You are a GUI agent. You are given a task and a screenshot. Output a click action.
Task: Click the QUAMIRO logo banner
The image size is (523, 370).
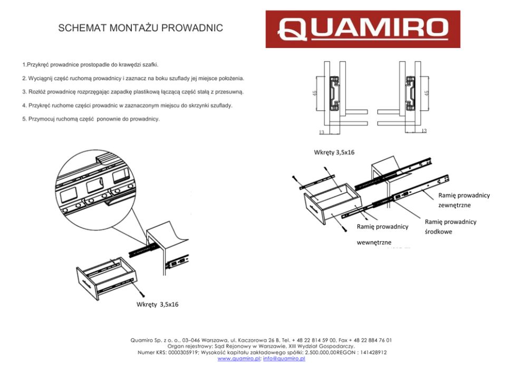point(362,29)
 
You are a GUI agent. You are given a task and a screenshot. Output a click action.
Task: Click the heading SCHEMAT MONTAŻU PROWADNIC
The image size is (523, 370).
point(140,28)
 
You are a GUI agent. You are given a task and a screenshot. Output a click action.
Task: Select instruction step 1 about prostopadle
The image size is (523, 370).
point(90,64)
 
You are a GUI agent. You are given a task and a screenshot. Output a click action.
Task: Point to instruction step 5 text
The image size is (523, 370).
point(91,119)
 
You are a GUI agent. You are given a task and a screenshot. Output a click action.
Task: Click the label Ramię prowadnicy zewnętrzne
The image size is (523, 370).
point(463,200)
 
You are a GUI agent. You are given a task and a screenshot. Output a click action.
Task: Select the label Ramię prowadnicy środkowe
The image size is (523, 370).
point(450,227)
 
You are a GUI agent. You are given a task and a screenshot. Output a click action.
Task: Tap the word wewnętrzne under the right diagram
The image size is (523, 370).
point(374,242)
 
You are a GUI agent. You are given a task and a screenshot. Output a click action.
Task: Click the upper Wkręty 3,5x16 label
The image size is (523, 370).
point(334,152)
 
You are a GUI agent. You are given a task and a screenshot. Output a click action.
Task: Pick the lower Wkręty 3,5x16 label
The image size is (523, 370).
point(157,304)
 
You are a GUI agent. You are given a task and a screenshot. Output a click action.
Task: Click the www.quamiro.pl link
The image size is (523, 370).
point(238,358)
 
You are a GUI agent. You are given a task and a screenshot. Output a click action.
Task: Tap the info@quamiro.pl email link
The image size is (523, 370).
point(284,358)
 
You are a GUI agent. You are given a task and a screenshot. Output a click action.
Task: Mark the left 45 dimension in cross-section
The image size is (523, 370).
point(315,93)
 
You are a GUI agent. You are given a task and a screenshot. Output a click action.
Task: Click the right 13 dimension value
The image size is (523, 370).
point(424,130)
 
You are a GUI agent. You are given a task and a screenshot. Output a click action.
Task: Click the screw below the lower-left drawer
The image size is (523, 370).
point(142,291)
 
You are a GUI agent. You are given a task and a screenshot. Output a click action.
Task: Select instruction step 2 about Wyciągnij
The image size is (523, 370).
point(133,78)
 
